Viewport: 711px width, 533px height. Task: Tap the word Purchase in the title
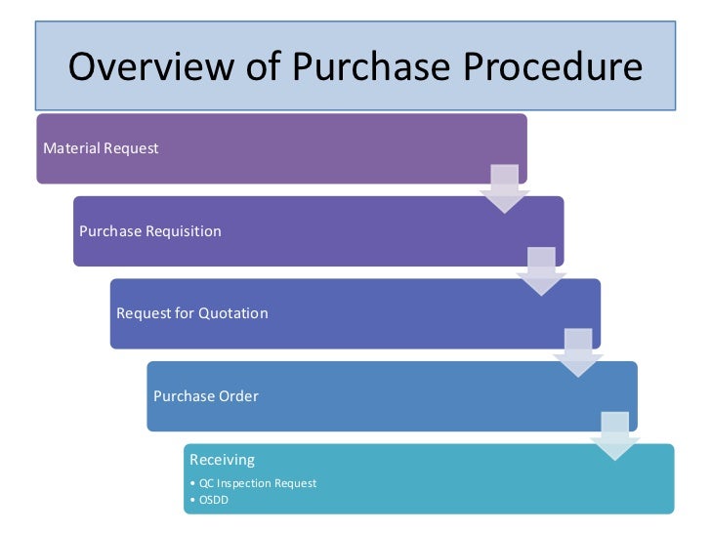click(372, 66)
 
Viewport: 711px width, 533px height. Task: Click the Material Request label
click(102, 148)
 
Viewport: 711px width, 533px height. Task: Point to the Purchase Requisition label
click(150, 231)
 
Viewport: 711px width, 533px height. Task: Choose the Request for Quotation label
click(192, 313)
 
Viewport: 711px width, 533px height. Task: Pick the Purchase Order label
click(206, 396)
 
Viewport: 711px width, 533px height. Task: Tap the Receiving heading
click(222, 460)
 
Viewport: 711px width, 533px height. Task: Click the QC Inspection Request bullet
click(256, 483)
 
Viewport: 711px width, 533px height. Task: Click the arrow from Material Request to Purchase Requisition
click(504, 188)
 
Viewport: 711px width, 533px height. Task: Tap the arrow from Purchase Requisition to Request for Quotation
click(541, 270)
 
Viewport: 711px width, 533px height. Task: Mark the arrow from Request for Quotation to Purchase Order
click(578, 352)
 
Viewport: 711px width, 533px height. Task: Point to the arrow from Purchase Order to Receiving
click(615, 435)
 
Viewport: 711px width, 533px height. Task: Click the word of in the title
click(261, 66)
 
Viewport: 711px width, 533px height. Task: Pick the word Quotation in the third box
click(233, 313)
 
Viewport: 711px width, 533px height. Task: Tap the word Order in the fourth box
click(239, 396)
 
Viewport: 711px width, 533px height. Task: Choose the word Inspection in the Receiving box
click(245, 483)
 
